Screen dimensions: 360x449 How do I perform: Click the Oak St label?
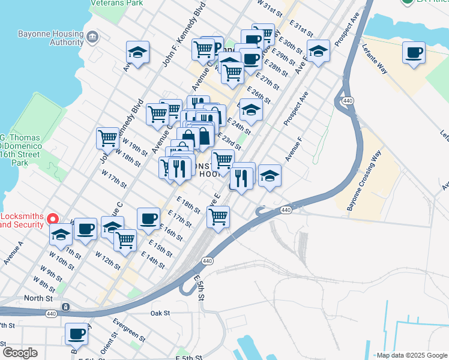click(160, 313)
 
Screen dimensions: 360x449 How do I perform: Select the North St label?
click(35, 298)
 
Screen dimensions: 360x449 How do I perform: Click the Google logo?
click(20, 353)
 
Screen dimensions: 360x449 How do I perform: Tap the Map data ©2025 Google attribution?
click(411, 355)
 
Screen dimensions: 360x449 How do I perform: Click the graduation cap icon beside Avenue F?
click(270, 176)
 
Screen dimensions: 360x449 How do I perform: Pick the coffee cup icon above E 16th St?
click(148, 218)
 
